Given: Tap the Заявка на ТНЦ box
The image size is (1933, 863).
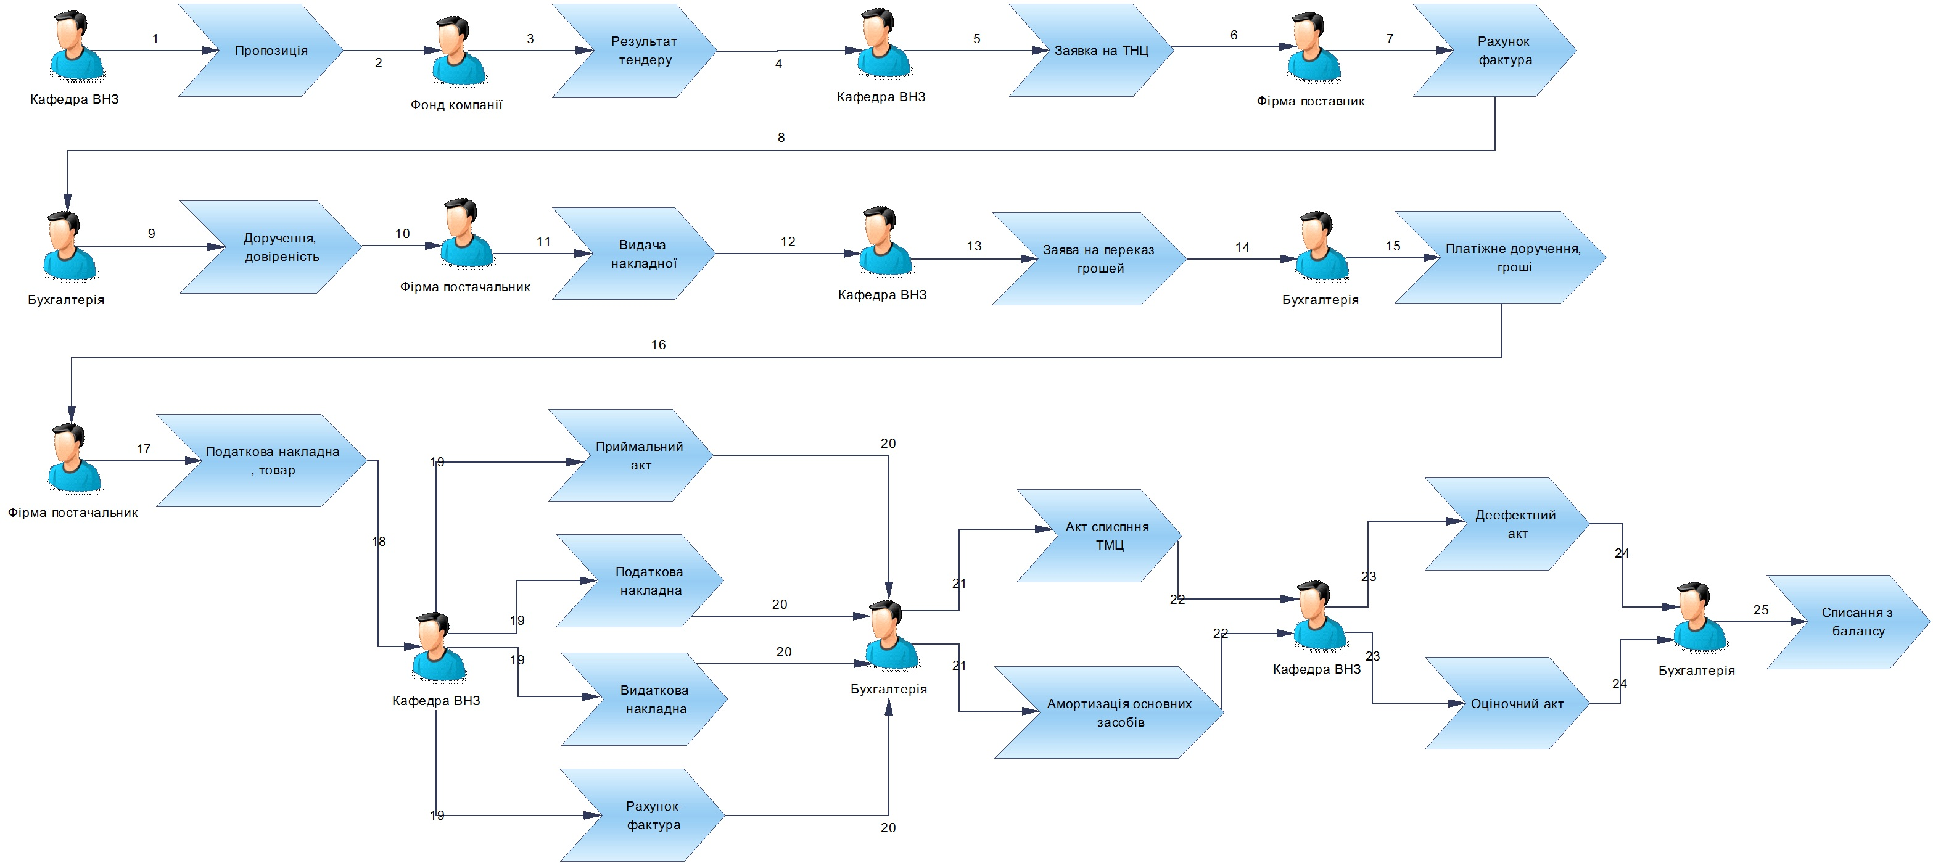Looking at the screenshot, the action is click(x=1092, y=51).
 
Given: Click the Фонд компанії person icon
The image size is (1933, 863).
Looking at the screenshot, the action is click(x=458, y=52).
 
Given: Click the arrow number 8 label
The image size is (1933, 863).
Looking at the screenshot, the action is click(x=781, y=138).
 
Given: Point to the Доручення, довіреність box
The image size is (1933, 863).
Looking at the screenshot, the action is click(x=271, y=247).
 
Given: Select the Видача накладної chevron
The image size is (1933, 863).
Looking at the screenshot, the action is click(x=634, y=254).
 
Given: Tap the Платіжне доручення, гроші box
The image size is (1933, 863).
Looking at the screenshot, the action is click(x=1501, y=257).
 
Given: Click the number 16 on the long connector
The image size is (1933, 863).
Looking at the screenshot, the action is click(x=658, y=344).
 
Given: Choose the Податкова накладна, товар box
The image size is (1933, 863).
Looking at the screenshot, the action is click(x=262, y=461).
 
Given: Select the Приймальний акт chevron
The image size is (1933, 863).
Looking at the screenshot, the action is click(x=631, y=455).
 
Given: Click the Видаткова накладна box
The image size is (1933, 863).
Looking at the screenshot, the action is click(x=645, y=700).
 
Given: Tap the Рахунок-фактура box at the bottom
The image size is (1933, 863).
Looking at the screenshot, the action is click(x=642, y=815).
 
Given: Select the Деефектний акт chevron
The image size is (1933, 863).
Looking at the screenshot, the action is click(x=1507, y=524).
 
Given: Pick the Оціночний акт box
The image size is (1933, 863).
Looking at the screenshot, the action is click(x=1507, y=703).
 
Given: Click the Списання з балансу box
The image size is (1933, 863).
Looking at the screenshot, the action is click(x=1849, y=622).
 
